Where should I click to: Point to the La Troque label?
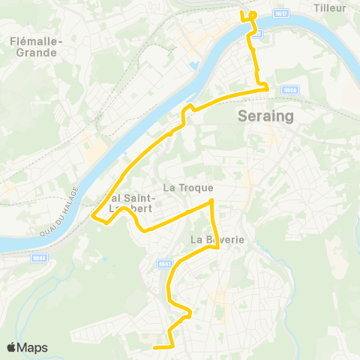click(x=188, y=187)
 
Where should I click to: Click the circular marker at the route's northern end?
click(x=253, y=15)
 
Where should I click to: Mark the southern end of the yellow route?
click(x=154, y=347)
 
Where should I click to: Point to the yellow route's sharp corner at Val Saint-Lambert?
click(x=92, y=217)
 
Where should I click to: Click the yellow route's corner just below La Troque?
click(x=213, y=201)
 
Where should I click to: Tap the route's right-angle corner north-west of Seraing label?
click(x=267, y=89)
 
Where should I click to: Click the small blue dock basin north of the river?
click(x=196, y=65)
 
